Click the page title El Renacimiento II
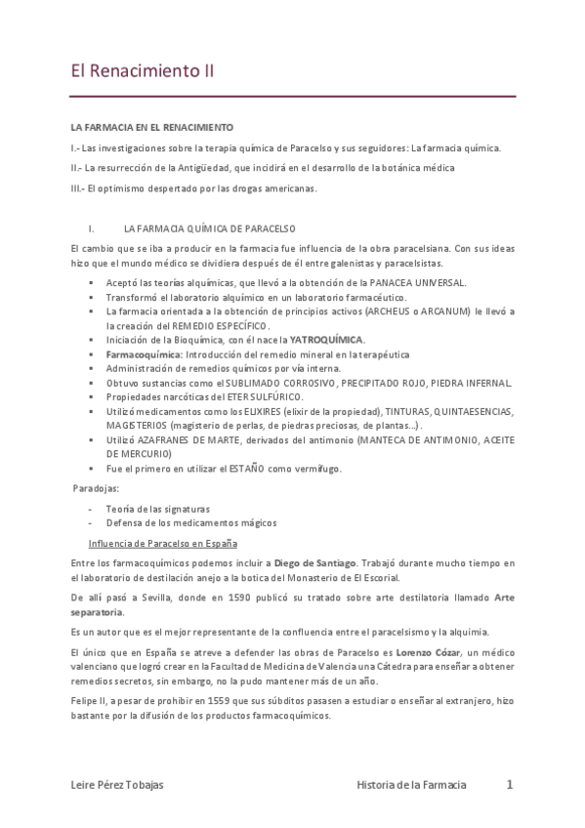[x=143, y=71]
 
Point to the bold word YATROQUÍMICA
[x=327, y=340]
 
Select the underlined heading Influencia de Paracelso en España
[x=163, y=543]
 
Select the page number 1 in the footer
[x=510, y=784]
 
